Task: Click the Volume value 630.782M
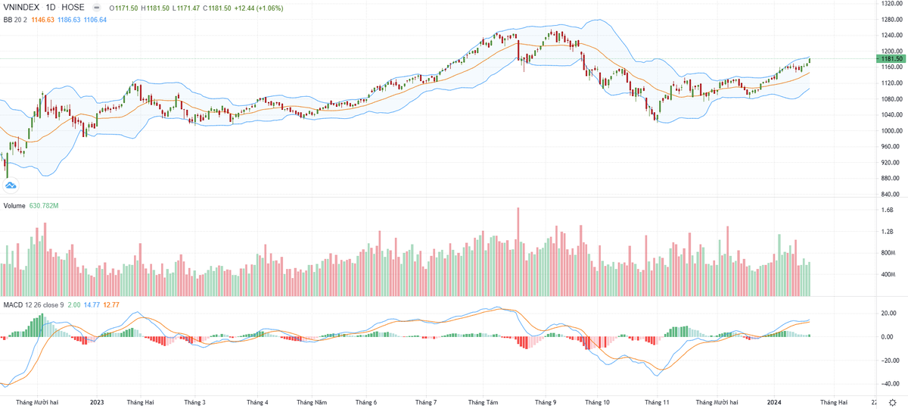tap(45, 205)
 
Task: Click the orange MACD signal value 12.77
tap(110, 304)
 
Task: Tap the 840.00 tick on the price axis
tap(891, 194)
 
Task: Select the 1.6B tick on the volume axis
tap(887, 211)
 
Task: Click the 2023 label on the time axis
tap(97, 402)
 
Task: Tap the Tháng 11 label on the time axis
tap(656, 402)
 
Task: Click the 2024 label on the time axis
tap(773, 402)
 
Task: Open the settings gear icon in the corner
tap(893, 402)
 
